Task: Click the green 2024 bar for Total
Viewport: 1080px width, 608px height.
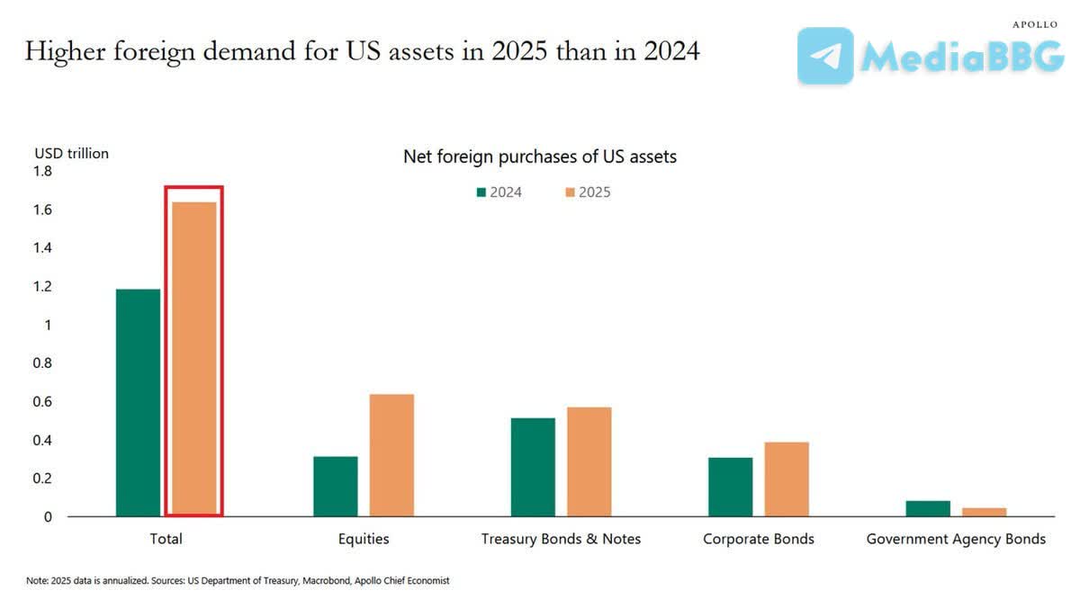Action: (x=139, y=403)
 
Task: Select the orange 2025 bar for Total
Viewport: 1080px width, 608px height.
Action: (x=194, y=360)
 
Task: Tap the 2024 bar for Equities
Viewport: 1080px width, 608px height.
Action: (x=336, y=487)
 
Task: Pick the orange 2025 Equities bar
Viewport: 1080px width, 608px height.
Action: (x=391, y=455)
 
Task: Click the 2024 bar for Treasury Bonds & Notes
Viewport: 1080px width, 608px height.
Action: (x=533, y=467)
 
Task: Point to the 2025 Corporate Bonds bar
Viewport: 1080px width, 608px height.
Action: (x=787, y=479)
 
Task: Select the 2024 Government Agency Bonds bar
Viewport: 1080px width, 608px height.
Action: (x=928, y=509)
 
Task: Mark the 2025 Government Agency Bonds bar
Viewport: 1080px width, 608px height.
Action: (x=984, y=512)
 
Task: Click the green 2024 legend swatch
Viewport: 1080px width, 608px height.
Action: (x=481, y=192)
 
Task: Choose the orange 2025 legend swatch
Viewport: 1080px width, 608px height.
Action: (x=569, y=192)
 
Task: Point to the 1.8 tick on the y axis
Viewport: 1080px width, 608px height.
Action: (x=42, y=171)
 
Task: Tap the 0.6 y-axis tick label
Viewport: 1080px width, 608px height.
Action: (x=42, y=401)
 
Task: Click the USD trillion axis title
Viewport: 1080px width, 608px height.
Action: (x=71, y=153)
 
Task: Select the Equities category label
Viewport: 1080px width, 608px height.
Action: (x=364, y=539)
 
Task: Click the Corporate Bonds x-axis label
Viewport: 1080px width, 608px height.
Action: (x=759, y=539)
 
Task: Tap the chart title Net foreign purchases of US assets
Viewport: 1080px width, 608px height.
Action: (x=540, y=156)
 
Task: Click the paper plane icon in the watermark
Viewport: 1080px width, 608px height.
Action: (x=825, y=56)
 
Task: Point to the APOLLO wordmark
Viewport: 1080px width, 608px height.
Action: (x=1035, y=24)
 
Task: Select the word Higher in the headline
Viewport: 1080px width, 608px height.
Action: (x=60, y=52)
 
